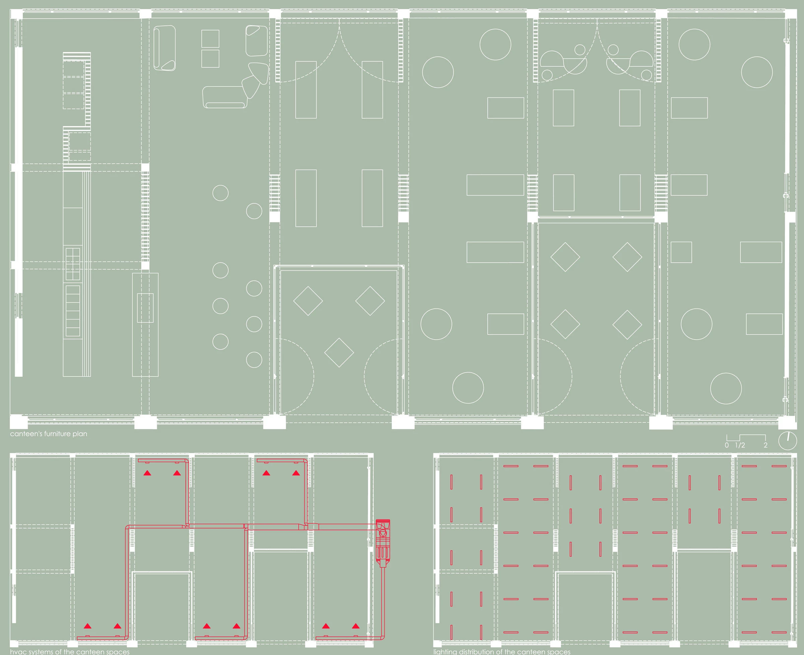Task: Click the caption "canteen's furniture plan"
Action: click(49, 434)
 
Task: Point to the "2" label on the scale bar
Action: click(765, 445)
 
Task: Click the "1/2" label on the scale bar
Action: click(740, 445)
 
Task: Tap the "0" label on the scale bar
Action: click(727, 445)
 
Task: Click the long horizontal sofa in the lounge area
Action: click(224, 97)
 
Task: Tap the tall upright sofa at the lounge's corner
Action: click(164, 48)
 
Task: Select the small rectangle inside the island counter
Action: click(145, 307)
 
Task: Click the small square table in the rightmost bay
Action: click(681, 252)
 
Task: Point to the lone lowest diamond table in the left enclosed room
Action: click(339, 352)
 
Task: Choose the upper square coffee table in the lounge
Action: click(210, 39)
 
